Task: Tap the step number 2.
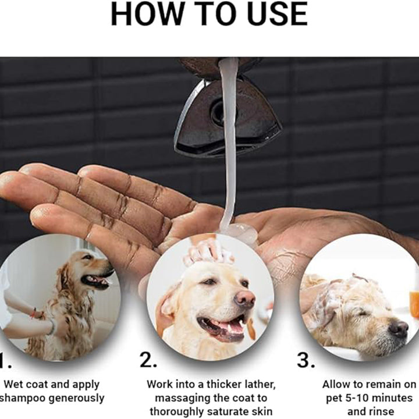[x=148, y=360]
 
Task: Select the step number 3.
[x=306, y=360]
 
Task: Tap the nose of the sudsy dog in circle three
[x=399, y=329]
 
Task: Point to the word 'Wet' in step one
[x=15, y=384]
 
